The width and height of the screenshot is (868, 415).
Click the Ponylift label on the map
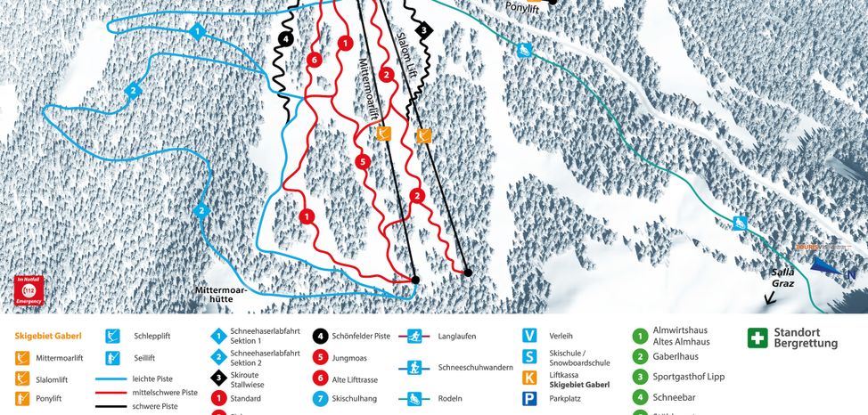coord(523,7)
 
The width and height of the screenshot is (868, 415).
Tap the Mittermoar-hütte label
coord(226,295)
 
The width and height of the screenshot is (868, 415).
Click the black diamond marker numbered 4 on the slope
coord(284,39)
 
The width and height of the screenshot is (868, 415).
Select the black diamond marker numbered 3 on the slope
coord(424,29)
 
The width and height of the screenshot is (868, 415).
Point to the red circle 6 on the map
coord(313,60)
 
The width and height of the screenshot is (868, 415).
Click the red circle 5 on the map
coord(362,161)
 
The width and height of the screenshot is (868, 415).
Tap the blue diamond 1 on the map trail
coord(197,32)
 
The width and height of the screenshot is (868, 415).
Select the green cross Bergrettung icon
coord(757,338)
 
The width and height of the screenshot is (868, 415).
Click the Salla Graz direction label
coord(782,278)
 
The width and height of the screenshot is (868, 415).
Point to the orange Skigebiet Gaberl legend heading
coord(48,337)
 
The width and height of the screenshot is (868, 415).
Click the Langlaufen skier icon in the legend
coord(414,337)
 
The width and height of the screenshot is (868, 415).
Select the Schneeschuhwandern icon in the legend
coord(414,367)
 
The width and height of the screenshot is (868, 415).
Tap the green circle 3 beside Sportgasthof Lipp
coord(639,378)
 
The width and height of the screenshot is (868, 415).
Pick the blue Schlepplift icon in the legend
coord(112,336)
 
